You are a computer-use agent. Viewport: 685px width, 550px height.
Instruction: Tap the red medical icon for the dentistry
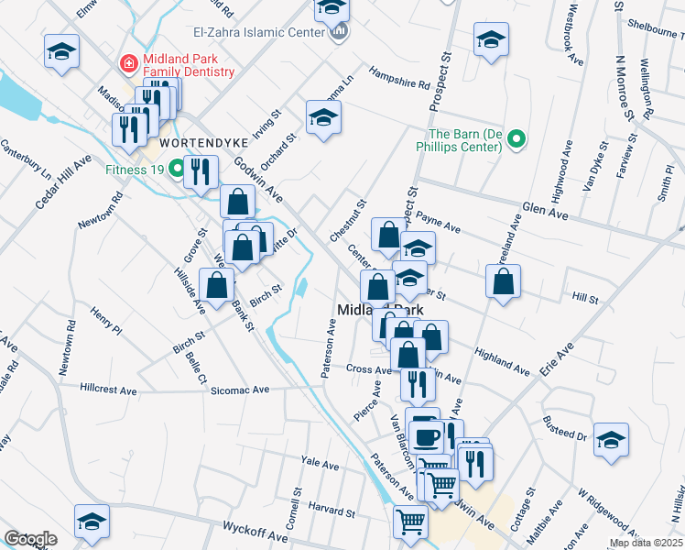tap(129, 64)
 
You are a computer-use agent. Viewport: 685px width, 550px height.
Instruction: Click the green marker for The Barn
tap(516, 139)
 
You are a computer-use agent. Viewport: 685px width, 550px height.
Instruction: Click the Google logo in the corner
tap(30, 539)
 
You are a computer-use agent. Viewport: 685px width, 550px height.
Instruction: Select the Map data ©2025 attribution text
tap(646, 543)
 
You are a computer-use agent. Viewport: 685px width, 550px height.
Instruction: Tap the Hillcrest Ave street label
tap(108, 390)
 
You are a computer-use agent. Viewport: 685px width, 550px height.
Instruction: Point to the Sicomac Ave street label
tap(240, 390)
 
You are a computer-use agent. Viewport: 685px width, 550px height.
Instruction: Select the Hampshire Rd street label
tap(399, 78)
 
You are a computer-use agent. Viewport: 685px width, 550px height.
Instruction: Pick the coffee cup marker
tap(423, 434)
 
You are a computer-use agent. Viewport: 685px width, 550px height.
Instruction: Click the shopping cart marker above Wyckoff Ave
tap(410, 522)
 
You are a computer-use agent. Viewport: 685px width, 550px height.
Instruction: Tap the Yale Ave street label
tap(321, 465)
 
